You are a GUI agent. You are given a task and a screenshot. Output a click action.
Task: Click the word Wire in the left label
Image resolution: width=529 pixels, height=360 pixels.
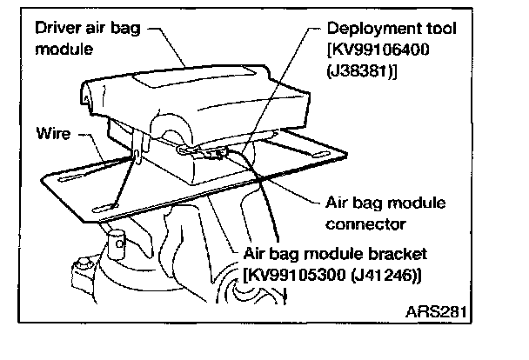(55, 137)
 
